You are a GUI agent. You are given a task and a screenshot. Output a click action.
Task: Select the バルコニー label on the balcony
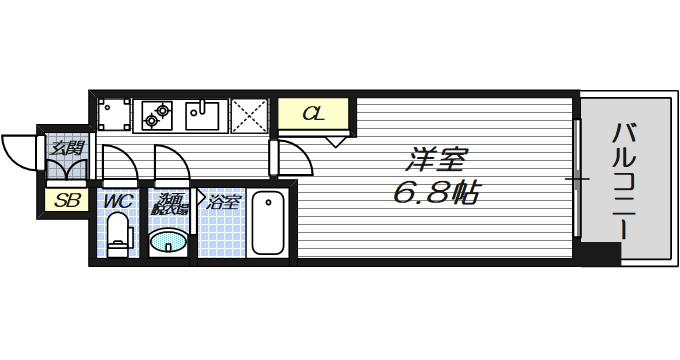click(626, 179)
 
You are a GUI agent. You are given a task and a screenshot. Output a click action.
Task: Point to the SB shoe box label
click(67, 200)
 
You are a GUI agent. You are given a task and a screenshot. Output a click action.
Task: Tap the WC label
click(119, 201)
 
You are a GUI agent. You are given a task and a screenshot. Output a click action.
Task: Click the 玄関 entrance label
click(67, 150)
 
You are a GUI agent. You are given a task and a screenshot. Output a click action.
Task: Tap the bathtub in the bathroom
click(268, 223)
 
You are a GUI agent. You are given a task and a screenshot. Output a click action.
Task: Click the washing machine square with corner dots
click(114, 115)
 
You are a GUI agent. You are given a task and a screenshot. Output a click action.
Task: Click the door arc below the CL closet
click(291, 157)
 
